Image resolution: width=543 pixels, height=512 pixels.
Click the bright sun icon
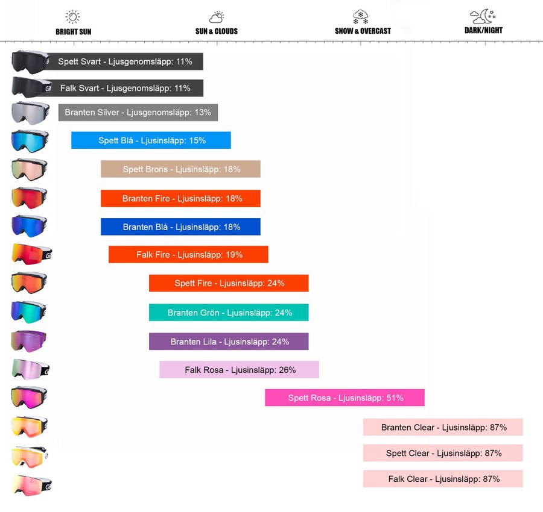tap(73, 16)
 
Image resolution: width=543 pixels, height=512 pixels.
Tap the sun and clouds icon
tap(217, 17)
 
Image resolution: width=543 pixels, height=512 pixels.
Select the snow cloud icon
tap(361, 16)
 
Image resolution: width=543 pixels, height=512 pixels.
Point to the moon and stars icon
tap(483, 16)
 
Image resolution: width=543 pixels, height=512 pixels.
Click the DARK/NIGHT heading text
tap(483, 30)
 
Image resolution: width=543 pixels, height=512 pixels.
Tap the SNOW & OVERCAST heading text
tap(363, 31)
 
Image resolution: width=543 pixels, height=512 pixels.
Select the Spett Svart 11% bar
tap(125, 61)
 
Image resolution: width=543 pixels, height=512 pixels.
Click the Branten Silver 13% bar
tap(138, 113)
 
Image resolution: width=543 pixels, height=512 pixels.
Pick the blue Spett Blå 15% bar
tap(151, 140)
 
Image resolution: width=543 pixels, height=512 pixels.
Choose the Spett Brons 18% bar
tap(180, 169)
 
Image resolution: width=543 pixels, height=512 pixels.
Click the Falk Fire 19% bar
tap(188, 255)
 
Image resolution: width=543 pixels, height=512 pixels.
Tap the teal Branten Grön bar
tap(229, 313)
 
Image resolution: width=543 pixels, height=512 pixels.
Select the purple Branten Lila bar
tap(229, 342)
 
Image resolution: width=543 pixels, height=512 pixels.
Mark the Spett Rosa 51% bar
tap(345, 398)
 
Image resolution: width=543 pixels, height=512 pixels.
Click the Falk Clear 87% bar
tap(443, 479)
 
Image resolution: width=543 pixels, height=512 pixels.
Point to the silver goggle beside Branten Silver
tap(30, 113)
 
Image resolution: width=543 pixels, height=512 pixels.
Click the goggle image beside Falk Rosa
tap(30, 369)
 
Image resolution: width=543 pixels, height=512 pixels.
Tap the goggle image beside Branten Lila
tap(29, 341)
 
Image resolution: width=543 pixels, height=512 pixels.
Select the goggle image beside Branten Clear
tap(30, 427)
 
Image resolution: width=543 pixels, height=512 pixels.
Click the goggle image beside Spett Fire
tap(29, 283)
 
